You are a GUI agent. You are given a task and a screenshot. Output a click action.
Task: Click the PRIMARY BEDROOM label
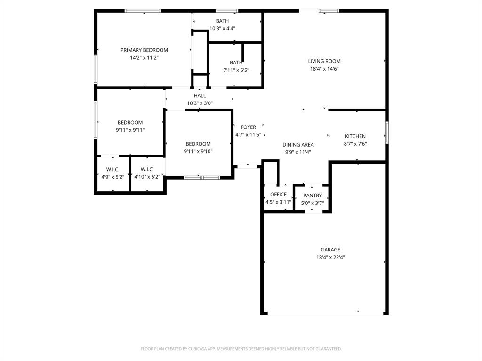tap(144, 50)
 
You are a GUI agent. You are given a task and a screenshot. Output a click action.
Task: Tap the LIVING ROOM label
tap(324, 61)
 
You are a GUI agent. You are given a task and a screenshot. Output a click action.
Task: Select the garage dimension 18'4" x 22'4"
tap(330, 258)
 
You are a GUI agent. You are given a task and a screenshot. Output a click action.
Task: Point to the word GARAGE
tap(330, 250)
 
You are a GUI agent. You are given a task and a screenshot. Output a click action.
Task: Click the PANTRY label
tap(313, 196)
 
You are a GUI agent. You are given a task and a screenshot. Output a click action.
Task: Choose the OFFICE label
tap(278, 195)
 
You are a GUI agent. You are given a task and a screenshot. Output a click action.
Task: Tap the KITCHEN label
tap(355, 136)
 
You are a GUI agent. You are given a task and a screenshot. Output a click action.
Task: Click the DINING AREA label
tap(298, 145)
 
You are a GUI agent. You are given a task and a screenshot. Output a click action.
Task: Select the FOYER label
tap(249, 127)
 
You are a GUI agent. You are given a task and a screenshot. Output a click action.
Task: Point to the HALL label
tap(200, 96)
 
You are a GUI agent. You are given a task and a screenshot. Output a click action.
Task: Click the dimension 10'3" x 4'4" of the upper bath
tap(222, 28)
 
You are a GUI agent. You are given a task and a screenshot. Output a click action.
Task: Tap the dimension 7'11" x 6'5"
tap(236, 70)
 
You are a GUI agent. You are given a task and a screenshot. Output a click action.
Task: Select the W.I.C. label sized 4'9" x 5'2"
tap(113, 177)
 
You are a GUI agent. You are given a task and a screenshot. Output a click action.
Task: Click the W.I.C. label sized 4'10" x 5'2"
tap(147, 177)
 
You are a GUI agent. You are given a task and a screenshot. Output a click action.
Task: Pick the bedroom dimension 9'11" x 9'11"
tap(130, 130)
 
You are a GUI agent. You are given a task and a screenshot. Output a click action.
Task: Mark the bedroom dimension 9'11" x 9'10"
tap(198, 152)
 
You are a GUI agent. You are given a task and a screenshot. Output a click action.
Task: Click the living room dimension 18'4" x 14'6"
tap(324, 69)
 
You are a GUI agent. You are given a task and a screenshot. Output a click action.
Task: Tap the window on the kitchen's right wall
tap(387, 132)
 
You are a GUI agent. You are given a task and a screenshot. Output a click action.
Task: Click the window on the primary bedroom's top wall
tap(143, 11)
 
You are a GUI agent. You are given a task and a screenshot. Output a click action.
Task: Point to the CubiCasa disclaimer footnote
tap(241, 349)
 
